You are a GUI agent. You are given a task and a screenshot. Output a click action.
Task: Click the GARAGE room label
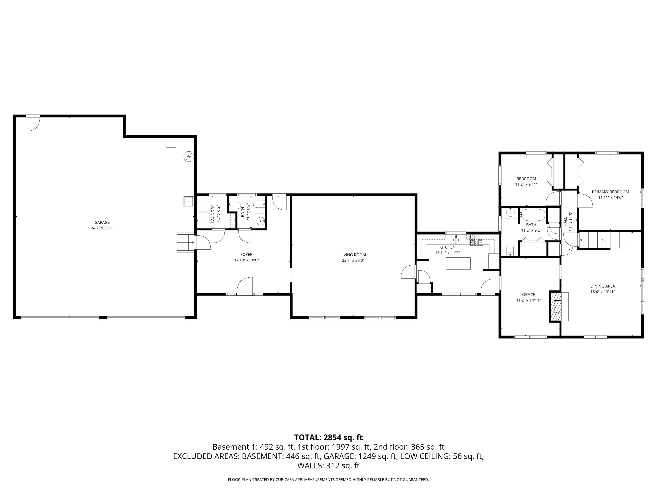[x=102, y=222]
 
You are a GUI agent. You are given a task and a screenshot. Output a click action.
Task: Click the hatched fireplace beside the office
[x=555, y=306]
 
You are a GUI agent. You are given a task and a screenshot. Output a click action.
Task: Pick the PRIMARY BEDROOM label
[x=610, y=192]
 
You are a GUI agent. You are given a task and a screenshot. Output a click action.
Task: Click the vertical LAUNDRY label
[x=213, y=214]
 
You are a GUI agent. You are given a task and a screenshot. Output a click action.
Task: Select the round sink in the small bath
[x=260, y=221]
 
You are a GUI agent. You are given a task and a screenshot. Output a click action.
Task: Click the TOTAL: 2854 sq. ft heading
[x=328, y=437]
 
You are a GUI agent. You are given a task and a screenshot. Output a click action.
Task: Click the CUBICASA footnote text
[x=328, y=480]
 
